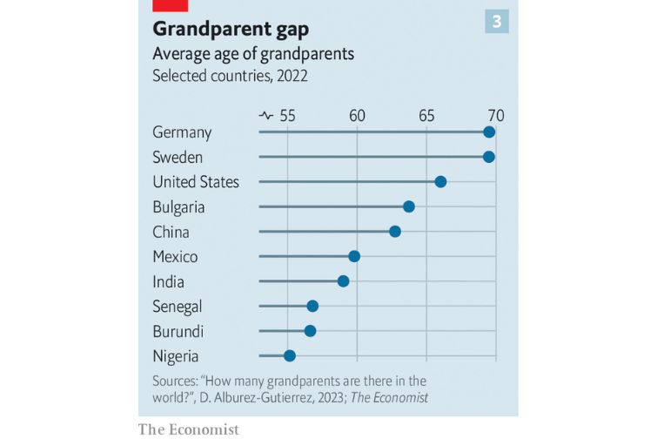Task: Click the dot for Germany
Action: pyautogui.click(x=489, y=132)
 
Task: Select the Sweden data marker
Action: pyautogui.click(x=489, y=157)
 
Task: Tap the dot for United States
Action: pyautogui.click(x=440, y=181)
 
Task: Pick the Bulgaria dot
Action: pyautogui.click(x=409, y=206)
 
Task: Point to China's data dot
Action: pyautogui.click(x=395, y=231)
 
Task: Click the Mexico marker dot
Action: pyautogui.click(x=354, y=256)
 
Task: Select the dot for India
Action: pyautogui.click(x=344, y=280)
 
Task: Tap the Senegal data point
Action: pyautogui.click(x=312, y=306)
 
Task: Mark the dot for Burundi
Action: pyautogui.click(x=310, y=330)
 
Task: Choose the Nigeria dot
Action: pyautogui.click(x=290, y=355)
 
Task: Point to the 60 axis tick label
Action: pyautogui.click(x=357, y=115)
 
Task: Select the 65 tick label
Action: pyautogui.click(x=426, y=115)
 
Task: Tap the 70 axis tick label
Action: pyautogui.click(x=495, y=115)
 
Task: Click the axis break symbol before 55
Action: pyautogui.click(x=266, y=115)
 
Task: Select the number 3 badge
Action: pyautogui.click(x=497, y=22)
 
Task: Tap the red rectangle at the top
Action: pyautogui.click(x=171, y=4)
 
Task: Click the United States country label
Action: pyautogui.click(x=196, y=182)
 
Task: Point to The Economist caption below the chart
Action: pyautogui.click(x=188, y=429)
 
